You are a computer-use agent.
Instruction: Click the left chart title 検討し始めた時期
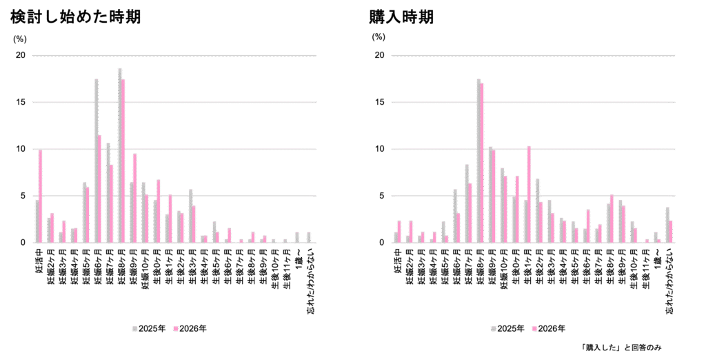click(x=76, y=17)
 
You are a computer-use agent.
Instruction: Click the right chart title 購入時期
click(x=401, y=17)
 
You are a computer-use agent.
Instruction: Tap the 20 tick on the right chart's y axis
click(x=379, y=55)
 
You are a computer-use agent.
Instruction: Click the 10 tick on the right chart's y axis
click(x=379, y=149)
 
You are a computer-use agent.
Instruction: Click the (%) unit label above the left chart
click(x=19, y=39)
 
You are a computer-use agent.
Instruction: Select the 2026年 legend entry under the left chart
click(x=190, y=328)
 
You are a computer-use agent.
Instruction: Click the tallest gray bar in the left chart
click(x=120, y=155)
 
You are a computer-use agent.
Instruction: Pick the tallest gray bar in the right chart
click(x=478, y=161)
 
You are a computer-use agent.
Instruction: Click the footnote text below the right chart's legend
click(x=621, y=348)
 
